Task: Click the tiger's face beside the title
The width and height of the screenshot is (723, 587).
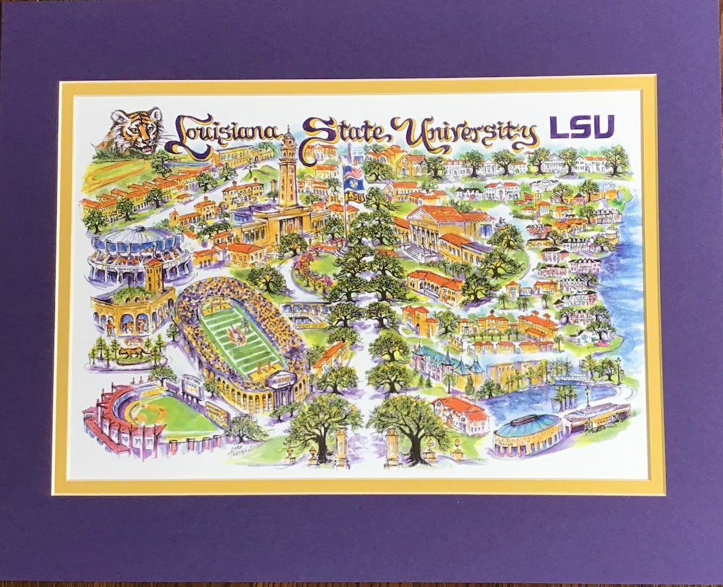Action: (x=136, y=130)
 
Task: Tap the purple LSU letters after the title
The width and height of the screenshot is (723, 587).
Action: (x=581, y=127)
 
